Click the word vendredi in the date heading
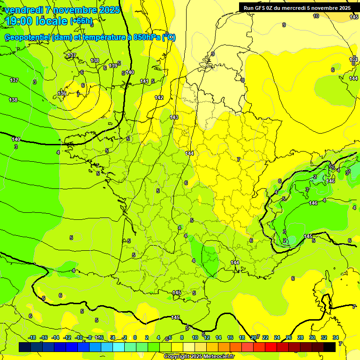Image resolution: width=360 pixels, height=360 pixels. click(23, 10)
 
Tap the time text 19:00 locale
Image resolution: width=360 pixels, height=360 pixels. click(36, 21)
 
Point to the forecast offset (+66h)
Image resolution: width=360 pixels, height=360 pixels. click(81, 21)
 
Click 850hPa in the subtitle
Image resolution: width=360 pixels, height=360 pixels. click(146, 37)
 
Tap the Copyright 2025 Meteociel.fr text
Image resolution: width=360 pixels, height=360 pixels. click(199, 357)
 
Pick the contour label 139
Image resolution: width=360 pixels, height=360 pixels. click(113, 66)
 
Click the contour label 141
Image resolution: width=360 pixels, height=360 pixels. click(144, 82)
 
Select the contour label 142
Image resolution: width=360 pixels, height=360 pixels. click(159, 97)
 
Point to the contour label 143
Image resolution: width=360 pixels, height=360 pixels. click(174, 117)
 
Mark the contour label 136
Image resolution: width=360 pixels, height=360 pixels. click(62, 93)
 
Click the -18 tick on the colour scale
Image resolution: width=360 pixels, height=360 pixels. click(32, 337)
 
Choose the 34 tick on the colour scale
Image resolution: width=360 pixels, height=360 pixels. click(336, 337)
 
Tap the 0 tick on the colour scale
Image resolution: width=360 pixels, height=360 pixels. click(135, 337)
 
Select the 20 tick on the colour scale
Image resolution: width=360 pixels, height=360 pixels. click(254, 337)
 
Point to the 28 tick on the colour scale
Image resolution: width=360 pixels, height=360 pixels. click(300, 337)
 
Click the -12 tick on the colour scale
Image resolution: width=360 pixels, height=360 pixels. click(67, 337)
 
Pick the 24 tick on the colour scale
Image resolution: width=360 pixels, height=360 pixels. click(277, 337)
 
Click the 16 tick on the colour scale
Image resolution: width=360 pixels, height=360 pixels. click(230, 337)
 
